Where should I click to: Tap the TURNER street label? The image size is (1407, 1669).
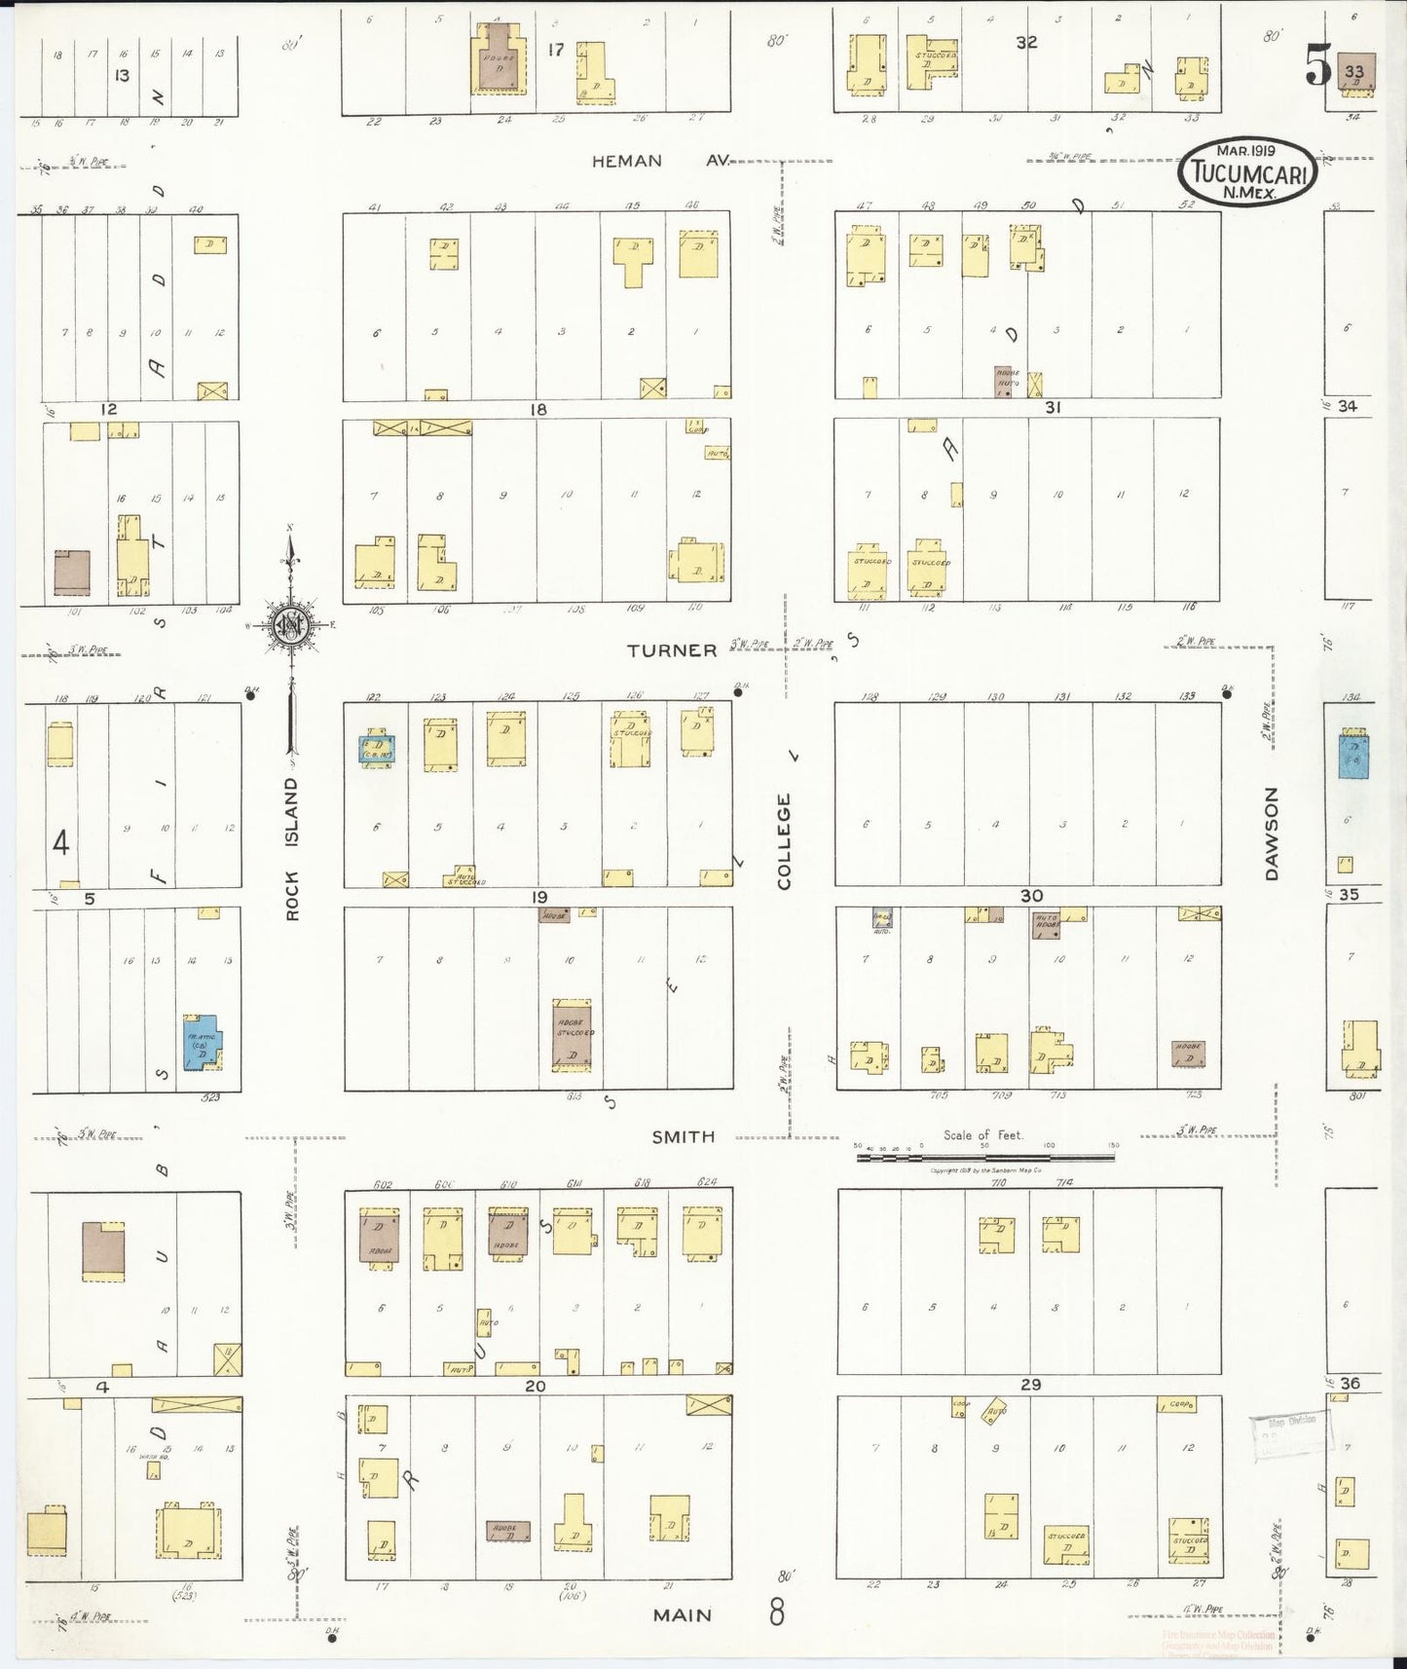click(672, 650)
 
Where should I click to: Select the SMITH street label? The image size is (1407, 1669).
click(684, 1136)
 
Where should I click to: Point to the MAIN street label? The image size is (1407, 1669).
click(683, 1614)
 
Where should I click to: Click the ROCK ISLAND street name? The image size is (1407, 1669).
click(293, 848)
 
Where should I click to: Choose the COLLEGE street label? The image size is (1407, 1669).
click(784, 841)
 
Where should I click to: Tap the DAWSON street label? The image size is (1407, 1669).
click(1271, 834)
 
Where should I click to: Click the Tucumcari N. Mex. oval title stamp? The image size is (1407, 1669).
click(1247, 171)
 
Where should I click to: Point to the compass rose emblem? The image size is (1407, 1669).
click(291, 625)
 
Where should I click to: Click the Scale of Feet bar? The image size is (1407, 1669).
click(984, 1158)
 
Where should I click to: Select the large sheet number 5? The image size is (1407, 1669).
click(1317, 67)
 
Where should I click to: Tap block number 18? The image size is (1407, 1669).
click(537, 410)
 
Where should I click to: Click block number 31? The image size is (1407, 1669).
click(1053, 408)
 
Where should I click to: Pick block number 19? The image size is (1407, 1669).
click(539, 897)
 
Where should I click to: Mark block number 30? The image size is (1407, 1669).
click(1031, 896)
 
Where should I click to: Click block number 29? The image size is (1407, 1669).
click(1030, 1384)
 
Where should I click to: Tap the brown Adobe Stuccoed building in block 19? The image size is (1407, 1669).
click(572, 1034)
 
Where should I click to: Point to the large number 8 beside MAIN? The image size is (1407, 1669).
click(776, 1613)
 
